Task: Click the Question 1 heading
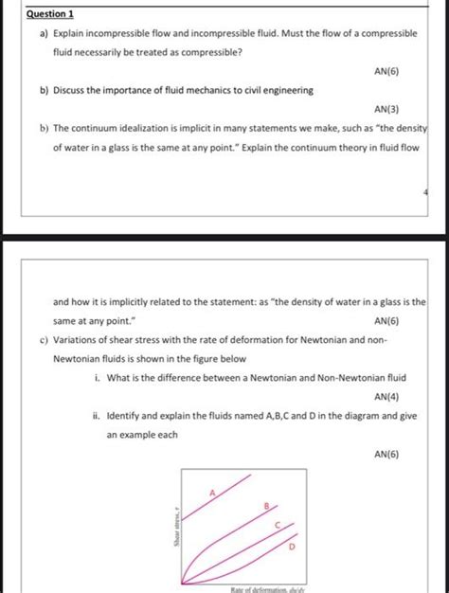(x=52, y=15)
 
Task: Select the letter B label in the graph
(x=267, y=508)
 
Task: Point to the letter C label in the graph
(x=277, y=527)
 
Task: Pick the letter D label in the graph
(x=291, y=547)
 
